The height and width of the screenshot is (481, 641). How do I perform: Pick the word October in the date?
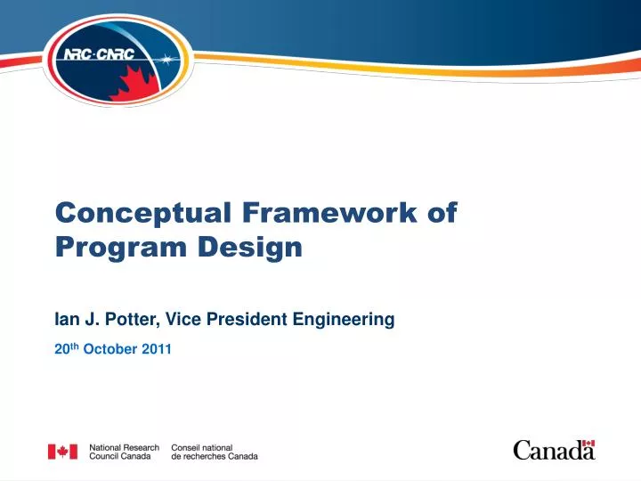(x=107, y=348)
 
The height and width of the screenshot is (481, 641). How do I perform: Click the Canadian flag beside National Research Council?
(x=62, y=452)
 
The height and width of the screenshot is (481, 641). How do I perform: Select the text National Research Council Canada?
(x=124, y=452)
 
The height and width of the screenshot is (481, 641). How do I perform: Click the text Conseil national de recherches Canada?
(x=214, y=452)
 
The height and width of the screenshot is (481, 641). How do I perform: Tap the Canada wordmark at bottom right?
(x=553, y=451)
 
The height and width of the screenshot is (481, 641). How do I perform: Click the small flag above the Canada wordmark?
(x=588, y=443)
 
